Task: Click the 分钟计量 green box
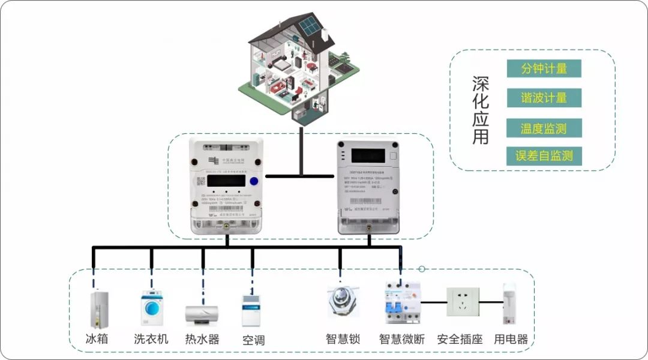pos(544,68)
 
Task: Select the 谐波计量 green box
pos(544,98)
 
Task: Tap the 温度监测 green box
pos(544,128)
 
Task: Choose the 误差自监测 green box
pos(544,156)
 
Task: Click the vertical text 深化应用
pos(481,110)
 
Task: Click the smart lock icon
pos(340,300)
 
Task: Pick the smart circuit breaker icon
pos(400,303)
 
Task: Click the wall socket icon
pos(463,303)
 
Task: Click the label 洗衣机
pos(151,339)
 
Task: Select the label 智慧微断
pos(401,340)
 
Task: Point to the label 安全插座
pos(460,340)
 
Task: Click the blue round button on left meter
pos(254,182)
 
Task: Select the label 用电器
pos(511,340)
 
